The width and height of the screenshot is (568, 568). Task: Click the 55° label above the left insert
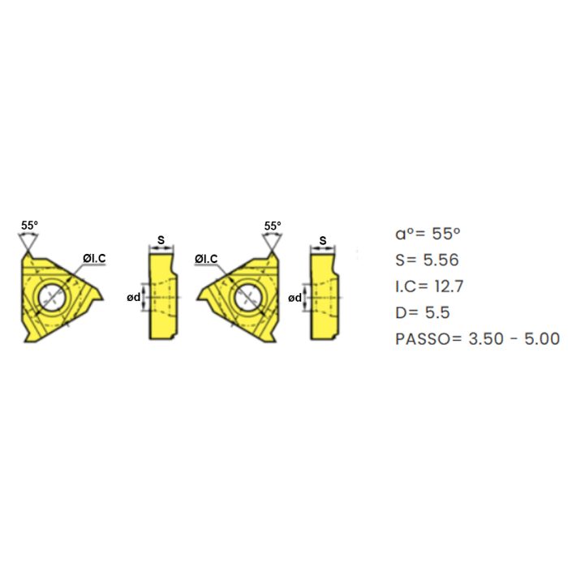(x=29, y=226)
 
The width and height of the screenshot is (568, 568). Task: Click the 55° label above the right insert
(x=273, y=226)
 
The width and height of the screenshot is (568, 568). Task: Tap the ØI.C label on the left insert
(x=94, y=258)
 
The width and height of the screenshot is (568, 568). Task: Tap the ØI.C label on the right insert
(x=206, y=259)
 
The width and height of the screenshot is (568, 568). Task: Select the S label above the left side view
(x=161, y=239)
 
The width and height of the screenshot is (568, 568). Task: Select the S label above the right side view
(x=323, y=240)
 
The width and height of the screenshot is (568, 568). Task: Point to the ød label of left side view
(x=133, y=298)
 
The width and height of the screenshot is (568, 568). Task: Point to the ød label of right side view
(x=295, y=298)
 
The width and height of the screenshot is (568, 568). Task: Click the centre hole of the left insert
(x=52, y=297)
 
